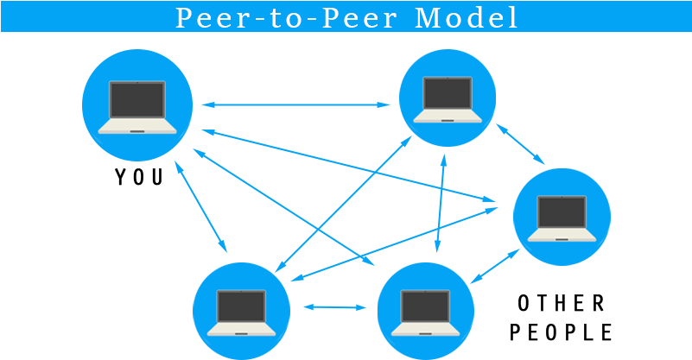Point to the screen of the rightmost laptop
pos(562,213)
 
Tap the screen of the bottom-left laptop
pos(241,306)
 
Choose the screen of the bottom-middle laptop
pos(426,306)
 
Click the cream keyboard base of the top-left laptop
pos(136,127)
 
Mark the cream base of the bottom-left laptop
pos(241,329)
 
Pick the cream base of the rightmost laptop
pos(562,235)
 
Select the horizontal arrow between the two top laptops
pos(295,105)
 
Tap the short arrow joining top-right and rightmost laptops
pos(519,143)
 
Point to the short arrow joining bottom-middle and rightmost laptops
pos(496,266)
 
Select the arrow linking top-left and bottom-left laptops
pos(200,205)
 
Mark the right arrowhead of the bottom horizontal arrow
pos(362,307)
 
